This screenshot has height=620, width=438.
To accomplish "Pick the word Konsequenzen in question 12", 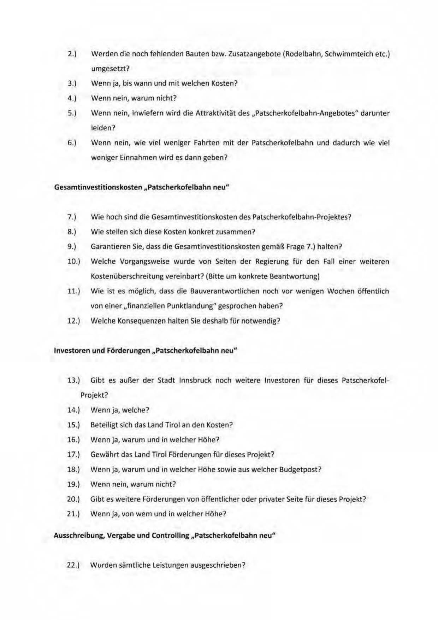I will tap(141, 321).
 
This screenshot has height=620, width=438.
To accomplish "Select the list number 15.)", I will tap(73, 425).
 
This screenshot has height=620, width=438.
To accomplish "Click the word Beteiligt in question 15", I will tap(104, 425).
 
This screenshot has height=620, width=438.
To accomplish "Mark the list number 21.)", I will tap(73, 514).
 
